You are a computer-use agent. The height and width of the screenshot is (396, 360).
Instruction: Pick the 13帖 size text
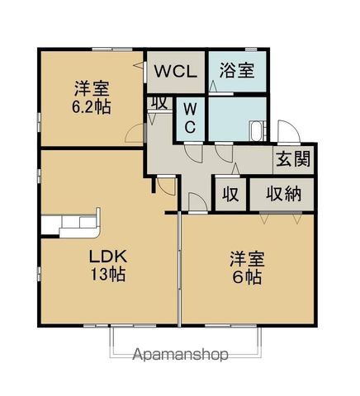107,276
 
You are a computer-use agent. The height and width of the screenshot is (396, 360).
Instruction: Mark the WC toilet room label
189,117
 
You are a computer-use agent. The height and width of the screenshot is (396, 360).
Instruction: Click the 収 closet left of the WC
159,103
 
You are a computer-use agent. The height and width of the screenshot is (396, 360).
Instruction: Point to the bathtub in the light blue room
257,131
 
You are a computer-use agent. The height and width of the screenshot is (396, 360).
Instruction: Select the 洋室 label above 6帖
246,259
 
